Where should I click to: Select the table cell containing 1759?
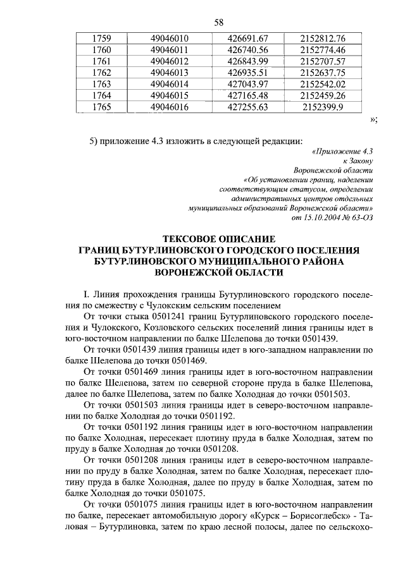click(x=101, y=39)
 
